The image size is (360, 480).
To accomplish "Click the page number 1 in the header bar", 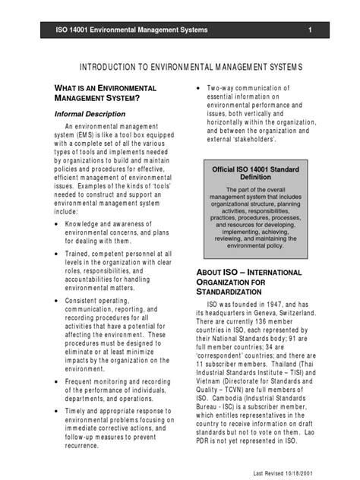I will click(311, 30).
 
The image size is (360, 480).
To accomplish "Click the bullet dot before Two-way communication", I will click(199, 88).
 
